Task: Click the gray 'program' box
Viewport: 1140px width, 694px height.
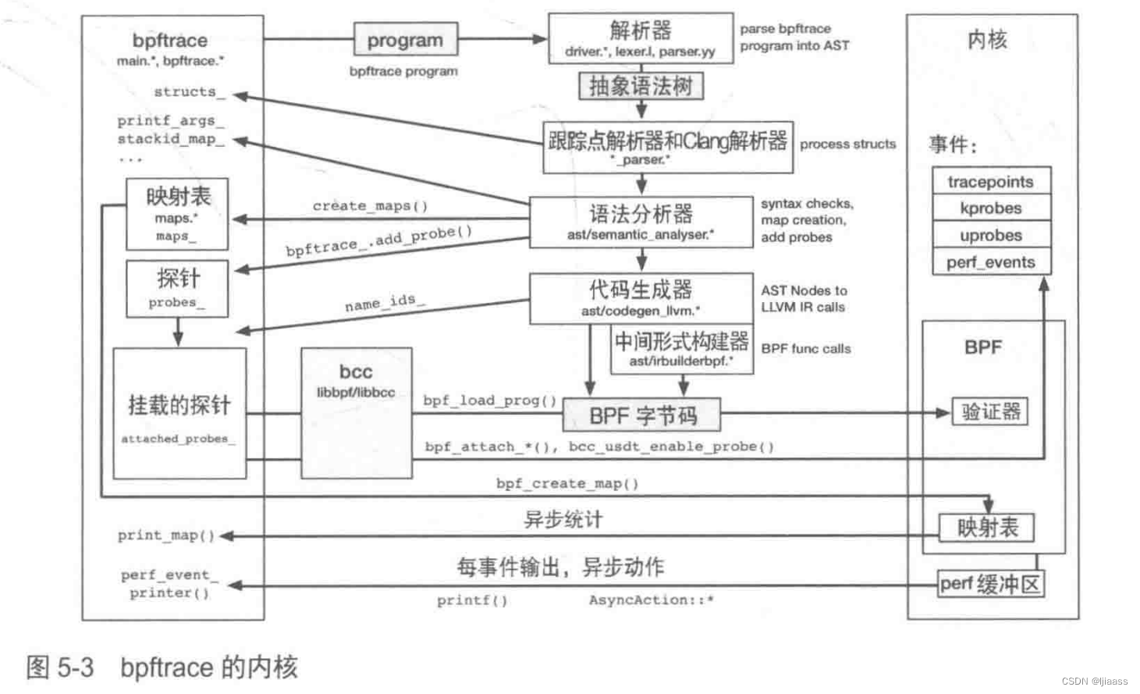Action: click(x=405, y=40)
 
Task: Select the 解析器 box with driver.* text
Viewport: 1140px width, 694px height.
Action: click(x=641, y=39)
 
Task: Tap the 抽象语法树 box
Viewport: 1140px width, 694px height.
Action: click(x=641, y=86)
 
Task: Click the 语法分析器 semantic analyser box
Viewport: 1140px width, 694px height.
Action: click(x=641, y=222)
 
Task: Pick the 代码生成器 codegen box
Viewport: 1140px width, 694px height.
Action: click(x=641, y=298)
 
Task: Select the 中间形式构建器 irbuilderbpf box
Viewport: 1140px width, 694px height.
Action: click(x=682, y=349)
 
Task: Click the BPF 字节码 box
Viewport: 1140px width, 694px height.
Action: click(x=641, y=415)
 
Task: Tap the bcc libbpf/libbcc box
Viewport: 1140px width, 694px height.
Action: click(x=357, y=413)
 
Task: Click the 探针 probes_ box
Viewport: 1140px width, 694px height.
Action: click(x=177, y=289)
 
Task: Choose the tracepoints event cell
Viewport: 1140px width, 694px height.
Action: click(x=991, y=181)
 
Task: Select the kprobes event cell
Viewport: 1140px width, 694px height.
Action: click(x=991, y=208)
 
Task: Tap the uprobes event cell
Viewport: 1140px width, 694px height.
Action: click(x=991, y=235)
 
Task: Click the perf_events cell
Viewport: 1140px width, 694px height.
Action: click(x=991, y=262)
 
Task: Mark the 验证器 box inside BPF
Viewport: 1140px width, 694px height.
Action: click(x=990, y=411)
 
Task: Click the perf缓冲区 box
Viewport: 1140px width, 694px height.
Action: click(x=990, y=584)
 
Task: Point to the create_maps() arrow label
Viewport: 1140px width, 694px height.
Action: click(x=371, y=206)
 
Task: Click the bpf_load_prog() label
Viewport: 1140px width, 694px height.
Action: click(x=490, y=400)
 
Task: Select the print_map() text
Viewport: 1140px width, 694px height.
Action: click(x=166, y=536)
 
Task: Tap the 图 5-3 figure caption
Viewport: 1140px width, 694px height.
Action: click(x=162, y=667)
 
